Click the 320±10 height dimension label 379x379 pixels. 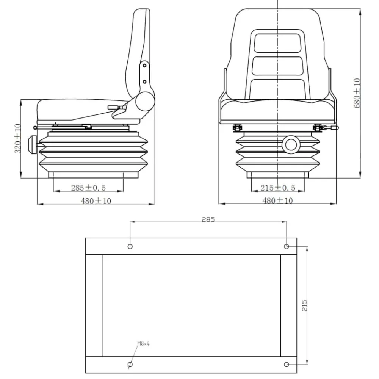point(18,138)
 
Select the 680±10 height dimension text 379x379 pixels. point(357,93)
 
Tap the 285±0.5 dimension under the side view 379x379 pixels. point(88,188)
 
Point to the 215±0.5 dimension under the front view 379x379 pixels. point(278,188)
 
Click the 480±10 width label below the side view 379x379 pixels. point(96,200)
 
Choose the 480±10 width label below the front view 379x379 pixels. point(277,200)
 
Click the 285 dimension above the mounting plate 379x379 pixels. point(208,219)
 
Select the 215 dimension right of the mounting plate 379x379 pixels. point(304,305)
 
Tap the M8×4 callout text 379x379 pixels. point(144,343)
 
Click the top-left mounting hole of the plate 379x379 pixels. point(130,246)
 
